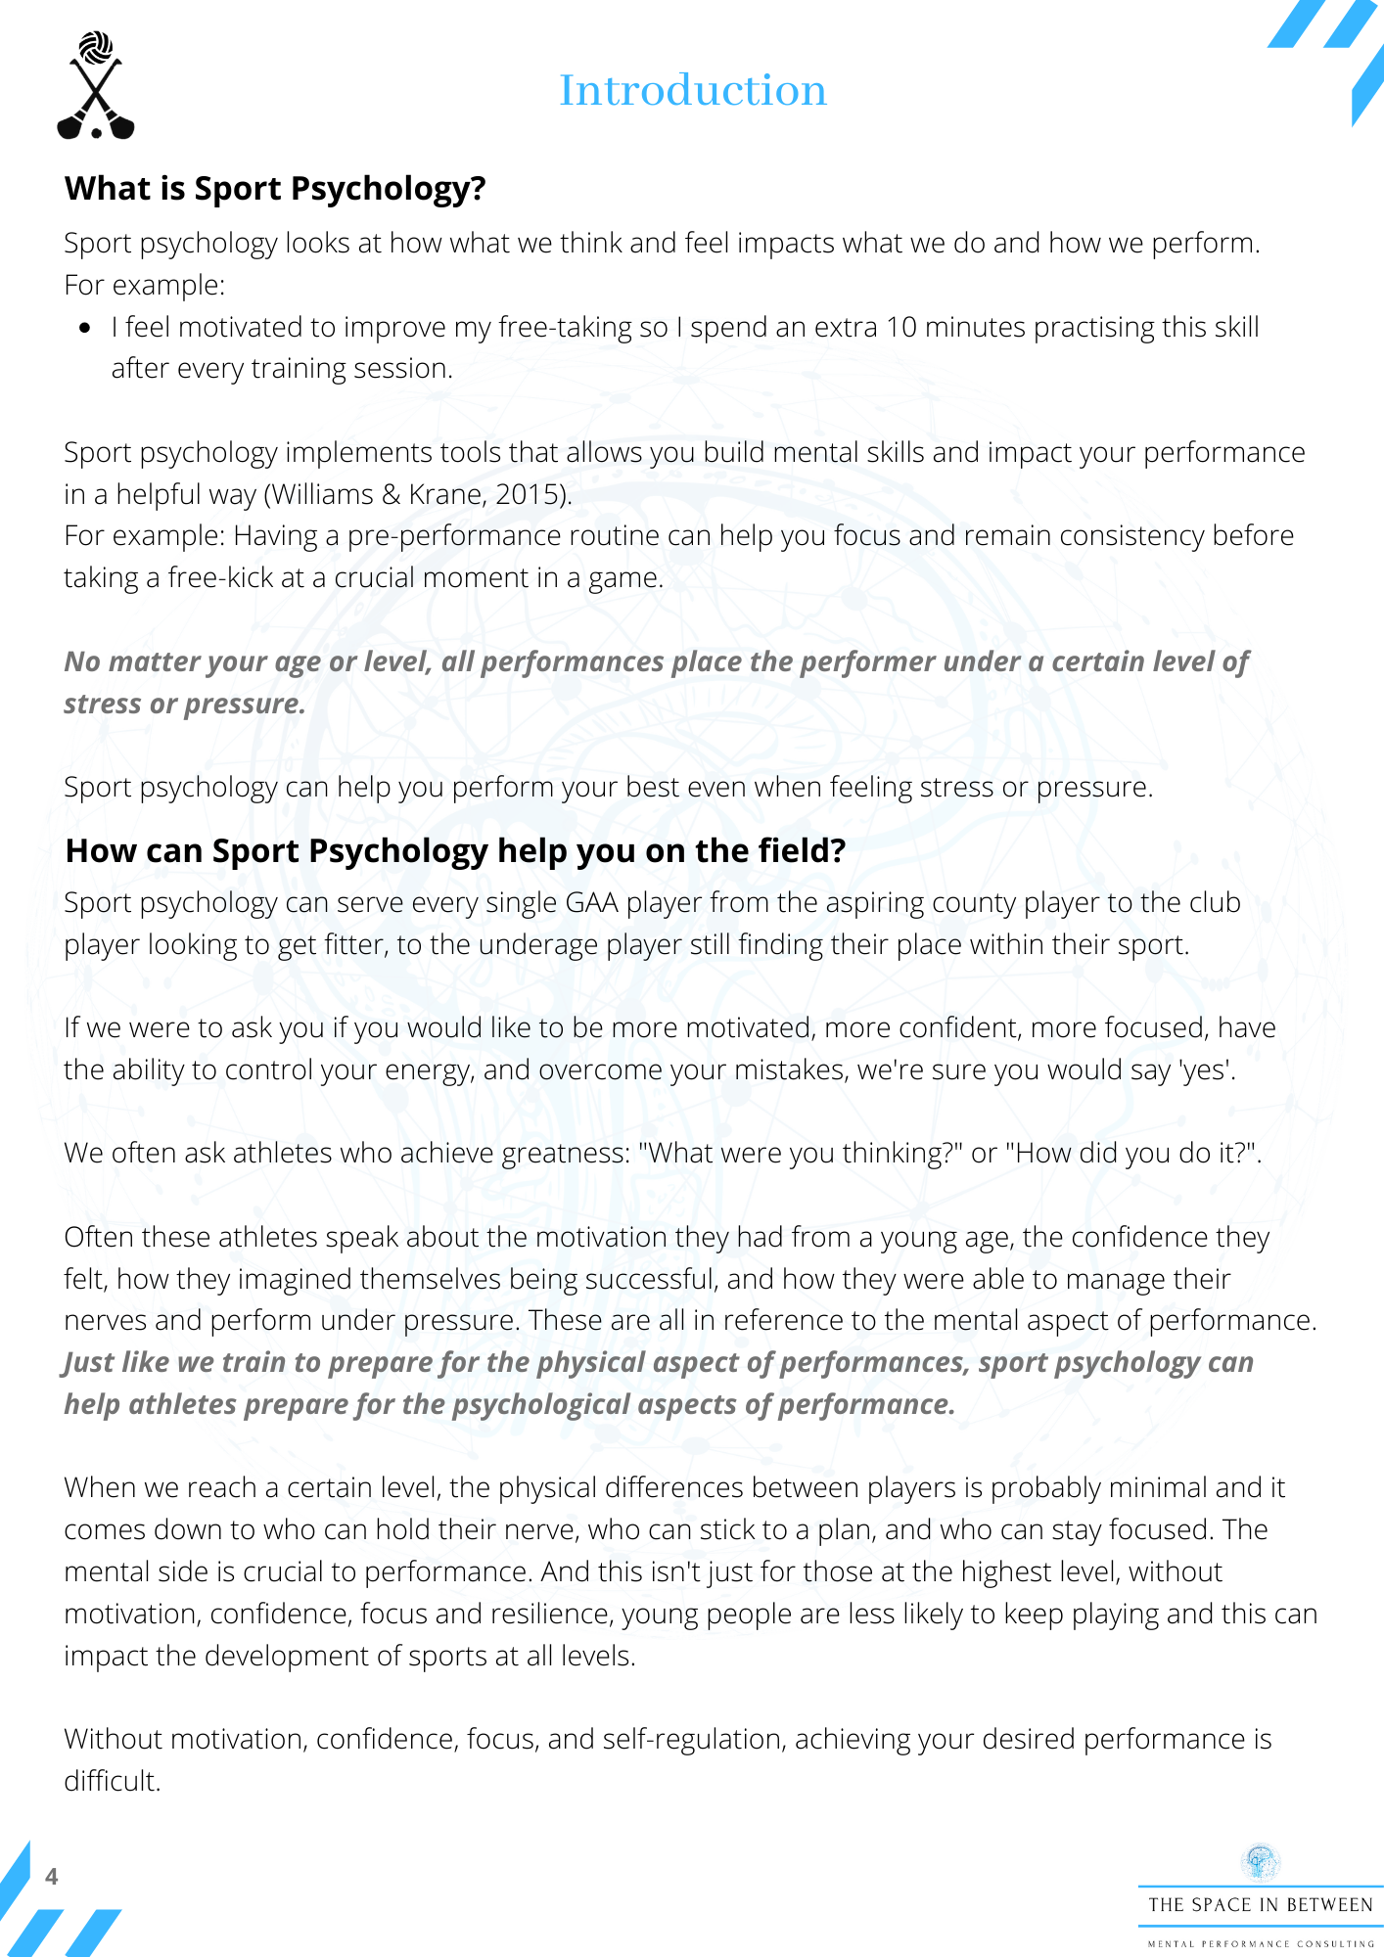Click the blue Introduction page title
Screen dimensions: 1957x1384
693,91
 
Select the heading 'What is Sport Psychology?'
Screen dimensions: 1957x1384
275,188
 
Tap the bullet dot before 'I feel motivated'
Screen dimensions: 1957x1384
86,328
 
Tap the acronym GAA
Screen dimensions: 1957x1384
592,902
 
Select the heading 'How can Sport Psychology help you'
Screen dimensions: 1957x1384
455,851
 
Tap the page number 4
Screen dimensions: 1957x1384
52,1876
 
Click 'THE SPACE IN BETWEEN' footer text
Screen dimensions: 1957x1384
1260,1905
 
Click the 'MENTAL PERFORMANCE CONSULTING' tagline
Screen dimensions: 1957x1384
1260,1943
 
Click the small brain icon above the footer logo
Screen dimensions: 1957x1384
1260,1862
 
